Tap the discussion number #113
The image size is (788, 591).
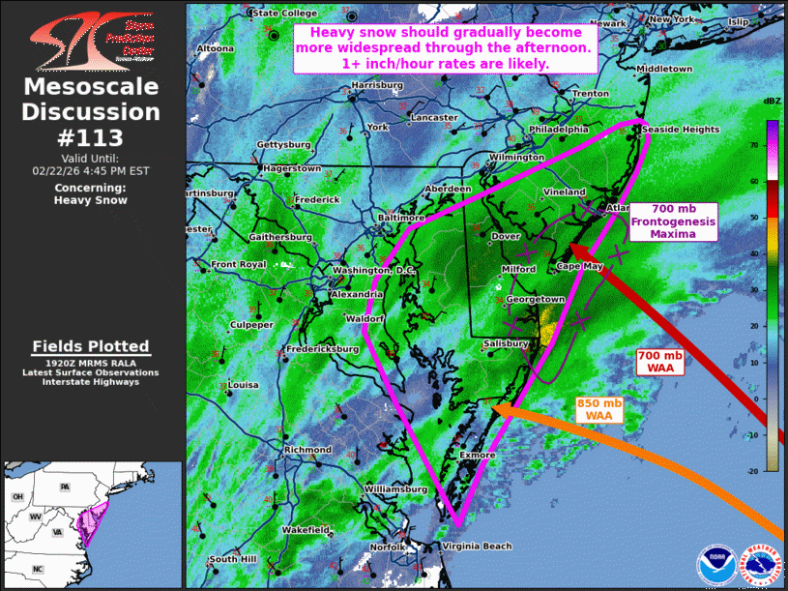pyautogui.click(x=92, y=136)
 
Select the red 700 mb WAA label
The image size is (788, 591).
pyautogui.click(x=659, y=362)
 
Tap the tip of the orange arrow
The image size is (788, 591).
pyautogui.click(x=494, y=409)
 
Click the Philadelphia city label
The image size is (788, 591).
pyautogui.click(x=559, y=129)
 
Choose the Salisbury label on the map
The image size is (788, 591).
pyautogui.click(x=505, y=343)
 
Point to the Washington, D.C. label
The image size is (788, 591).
pyautogui.click(x=373, y=270)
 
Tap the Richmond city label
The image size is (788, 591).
pyautogui.click(x=308, y=450)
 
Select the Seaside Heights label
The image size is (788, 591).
pyautogui.click(x=681, y=130)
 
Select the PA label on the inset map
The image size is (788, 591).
pyautogui.click(x=64, y=486)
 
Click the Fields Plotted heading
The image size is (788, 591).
pyautogui.click(x=91, y=346)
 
